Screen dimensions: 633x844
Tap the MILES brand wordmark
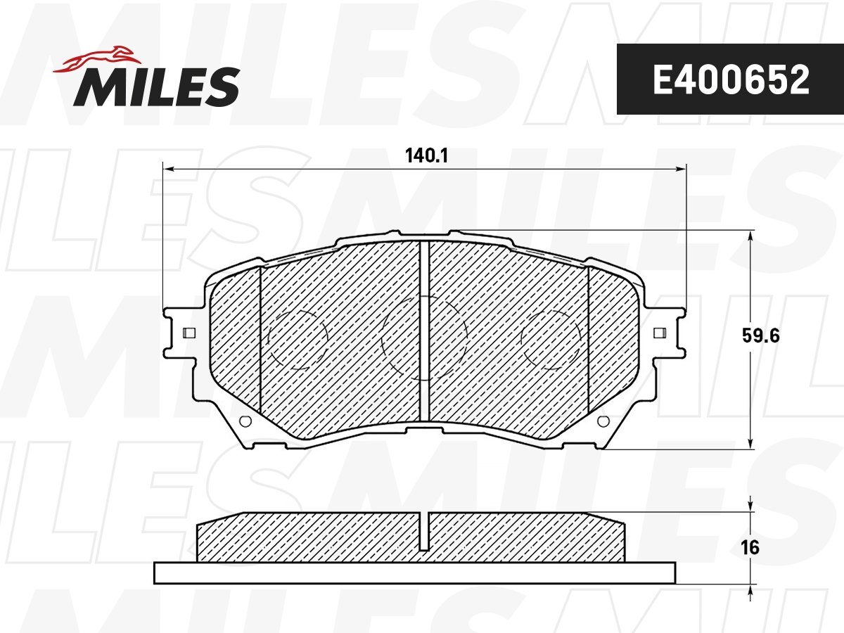click(157, 87)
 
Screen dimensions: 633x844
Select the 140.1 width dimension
click(426, 156)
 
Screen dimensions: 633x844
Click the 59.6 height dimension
click(761, 335)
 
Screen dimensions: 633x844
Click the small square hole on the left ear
click(188, 333)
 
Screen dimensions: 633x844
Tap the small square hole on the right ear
click(659, 333)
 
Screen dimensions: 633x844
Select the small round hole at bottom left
click(245, 421)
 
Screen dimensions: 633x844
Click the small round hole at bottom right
click(602, 421)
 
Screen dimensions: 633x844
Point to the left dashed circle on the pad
click(298, 339)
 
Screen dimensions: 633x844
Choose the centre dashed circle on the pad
click(424, 338)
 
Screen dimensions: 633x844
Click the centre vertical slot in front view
click(424, 331)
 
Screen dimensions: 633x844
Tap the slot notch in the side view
click(424, 531)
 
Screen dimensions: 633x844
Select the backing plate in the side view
click(415, 573)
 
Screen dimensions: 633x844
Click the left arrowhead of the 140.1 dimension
click(168, 169)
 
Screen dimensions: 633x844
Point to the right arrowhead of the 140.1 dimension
click(680, 169)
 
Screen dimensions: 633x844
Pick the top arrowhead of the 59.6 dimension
click(751, 236)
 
